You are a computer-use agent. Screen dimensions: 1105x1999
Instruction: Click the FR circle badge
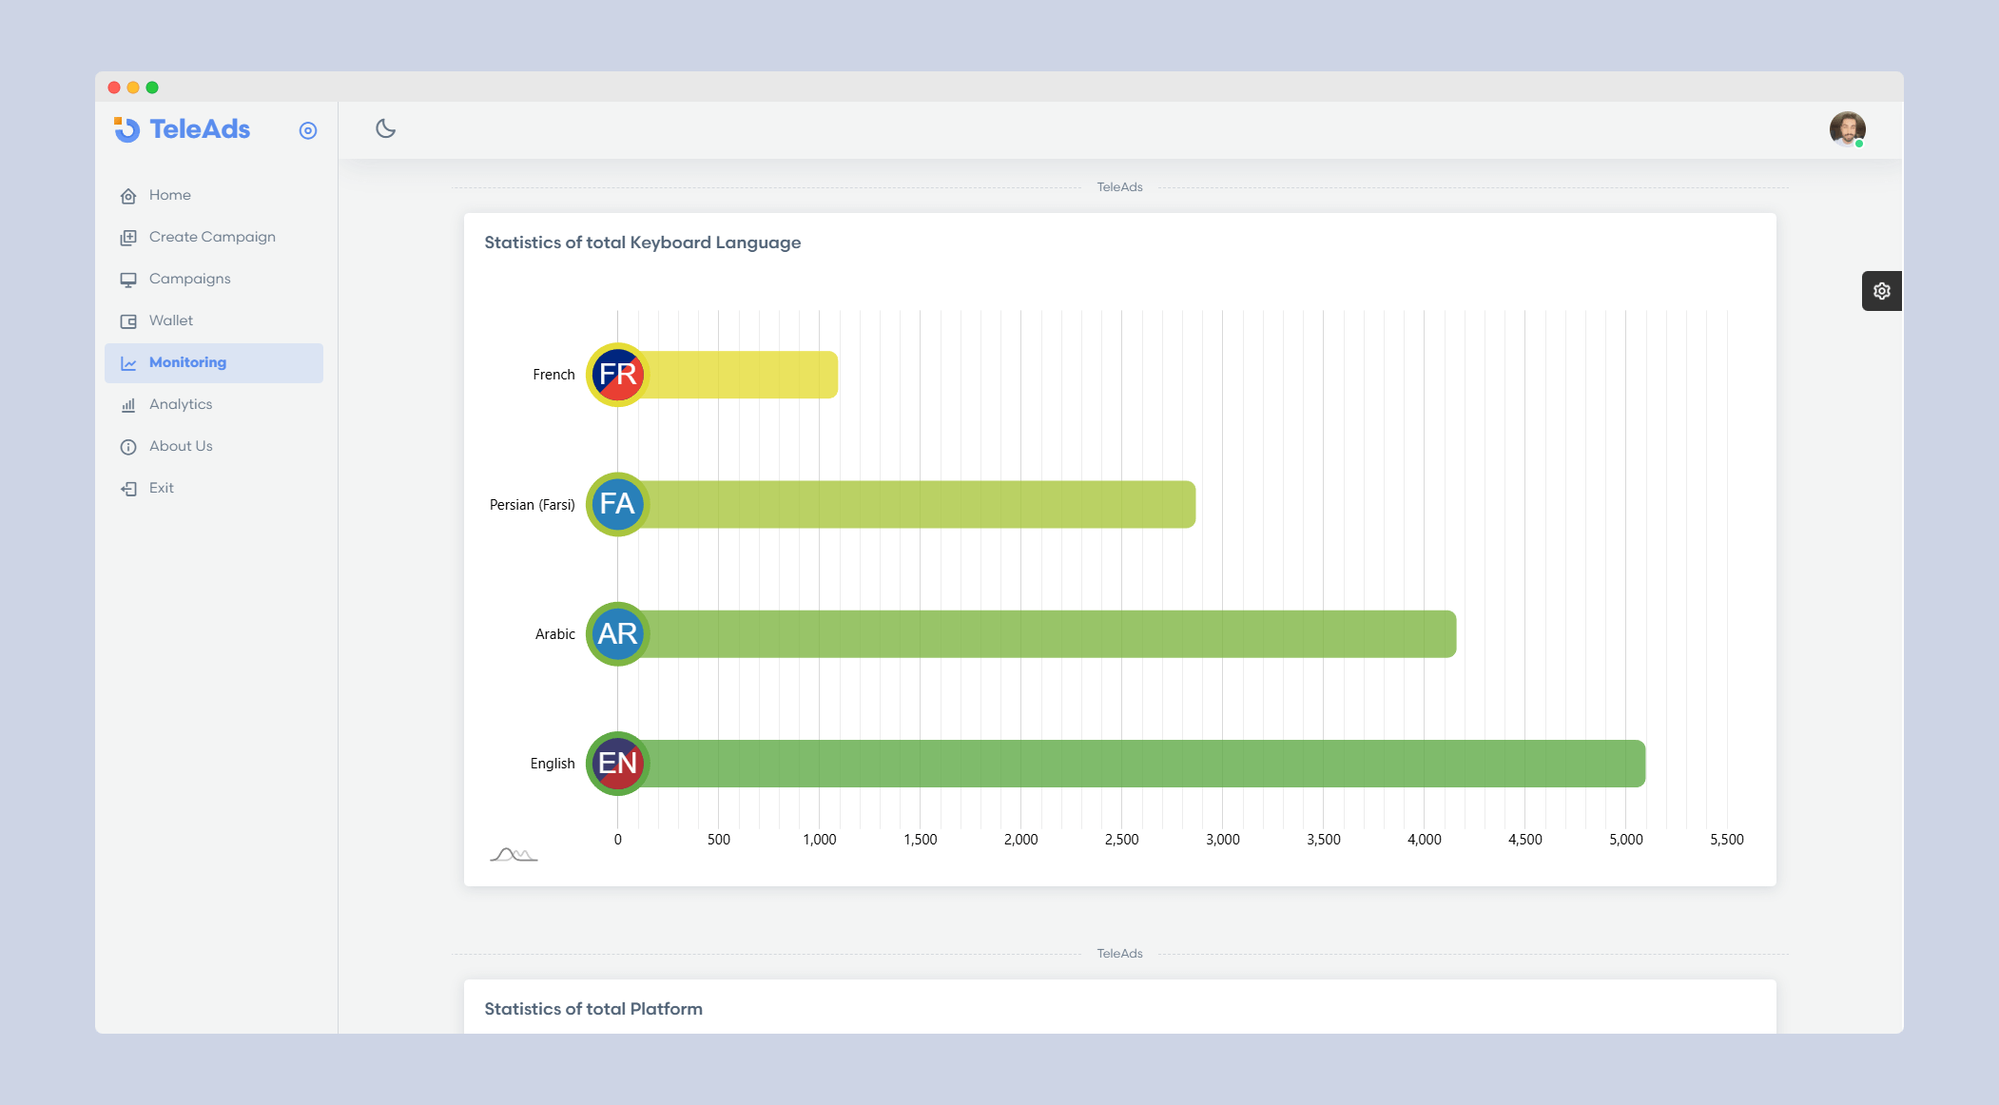[x=617, y=375]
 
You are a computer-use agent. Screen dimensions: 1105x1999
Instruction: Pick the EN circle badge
[x=617, y=764]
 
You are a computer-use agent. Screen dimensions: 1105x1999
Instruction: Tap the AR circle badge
[x=617, y=634]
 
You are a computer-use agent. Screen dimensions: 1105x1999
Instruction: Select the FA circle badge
[x=617, y=504]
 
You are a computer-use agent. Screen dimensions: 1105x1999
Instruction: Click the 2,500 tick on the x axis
[x=1121, y=840]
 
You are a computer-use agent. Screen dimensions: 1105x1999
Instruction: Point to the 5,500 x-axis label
[x=1726, y=840]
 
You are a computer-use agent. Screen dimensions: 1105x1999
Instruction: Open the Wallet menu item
[x=170, y=321]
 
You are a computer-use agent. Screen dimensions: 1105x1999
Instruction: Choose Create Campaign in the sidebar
[x=211, y=238]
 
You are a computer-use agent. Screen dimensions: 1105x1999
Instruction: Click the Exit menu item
[x=161, y=489]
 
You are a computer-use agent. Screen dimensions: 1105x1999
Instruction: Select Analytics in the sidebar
[x=180, y=405]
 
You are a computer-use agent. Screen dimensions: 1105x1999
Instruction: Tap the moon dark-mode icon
[x=385, y=129]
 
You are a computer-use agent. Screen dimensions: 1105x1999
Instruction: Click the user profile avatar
[x=1847, y=129]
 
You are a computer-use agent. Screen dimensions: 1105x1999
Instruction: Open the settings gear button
[x=1881, y=291]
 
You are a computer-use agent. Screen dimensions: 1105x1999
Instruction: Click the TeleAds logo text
[x=199, y=129]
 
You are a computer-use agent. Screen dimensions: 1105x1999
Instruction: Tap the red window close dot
[x=114, y=87]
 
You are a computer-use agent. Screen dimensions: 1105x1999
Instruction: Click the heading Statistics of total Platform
[x=593, y=1009]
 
